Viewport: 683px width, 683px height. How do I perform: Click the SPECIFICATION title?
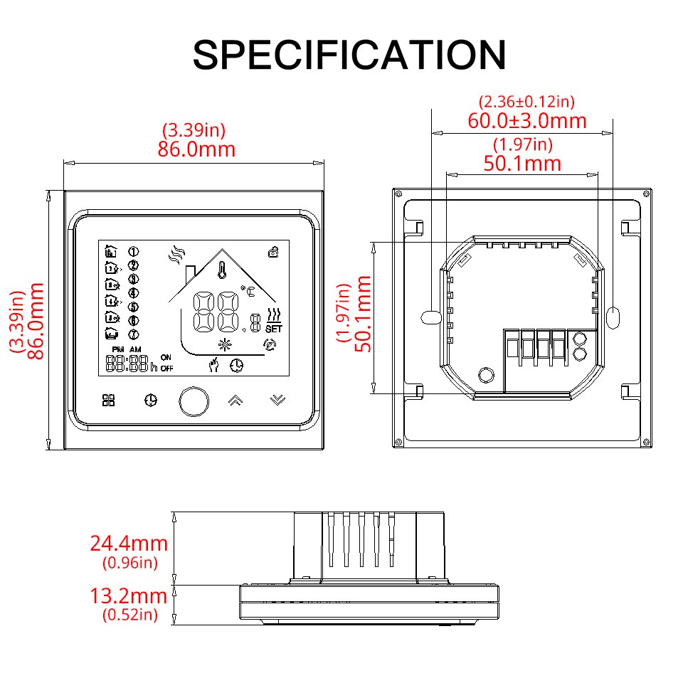349,55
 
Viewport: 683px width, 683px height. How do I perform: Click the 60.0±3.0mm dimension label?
526,121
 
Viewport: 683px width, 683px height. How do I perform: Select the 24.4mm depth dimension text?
129,544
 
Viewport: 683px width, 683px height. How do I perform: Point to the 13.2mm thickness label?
129,596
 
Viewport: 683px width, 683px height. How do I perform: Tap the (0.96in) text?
129,563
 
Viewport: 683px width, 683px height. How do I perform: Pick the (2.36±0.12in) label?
526,102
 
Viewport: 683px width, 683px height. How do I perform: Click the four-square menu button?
108,401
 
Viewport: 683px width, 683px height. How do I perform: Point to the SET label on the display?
273,329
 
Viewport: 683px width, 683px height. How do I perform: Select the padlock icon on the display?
273,250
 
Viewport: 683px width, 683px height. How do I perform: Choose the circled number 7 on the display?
133,334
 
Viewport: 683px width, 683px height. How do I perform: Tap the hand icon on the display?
212,365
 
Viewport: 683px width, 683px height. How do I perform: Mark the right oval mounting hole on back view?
615,315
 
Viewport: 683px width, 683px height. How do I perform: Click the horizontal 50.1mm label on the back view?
522,164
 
